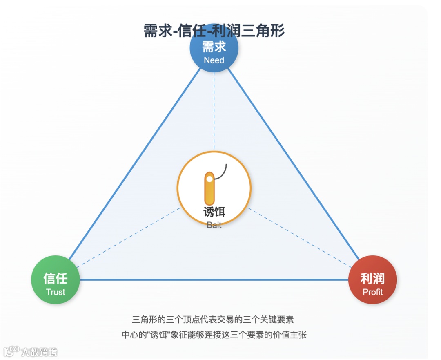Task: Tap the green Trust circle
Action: point(55,280)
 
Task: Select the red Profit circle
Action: point(372,280)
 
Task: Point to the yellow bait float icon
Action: point(209,188)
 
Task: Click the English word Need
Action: point(214,60)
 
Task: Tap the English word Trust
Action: point(56,292)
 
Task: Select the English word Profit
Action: point(372,292)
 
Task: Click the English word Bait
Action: point(214,225)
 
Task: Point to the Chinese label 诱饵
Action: point(214,212)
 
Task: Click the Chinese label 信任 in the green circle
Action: point(55,279)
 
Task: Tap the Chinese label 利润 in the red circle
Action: point(372,279)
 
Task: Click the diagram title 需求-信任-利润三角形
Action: point(214,31)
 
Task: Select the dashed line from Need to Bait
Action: point(214,114)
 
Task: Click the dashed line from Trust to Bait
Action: point(127,237)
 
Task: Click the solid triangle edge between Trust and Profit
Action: point(214,280)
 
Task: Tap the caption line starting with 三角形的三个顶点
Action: point(214,319)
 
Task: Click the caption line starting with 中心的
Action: point(214,335)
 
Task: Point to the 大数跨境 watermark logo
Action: point(31,351)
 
